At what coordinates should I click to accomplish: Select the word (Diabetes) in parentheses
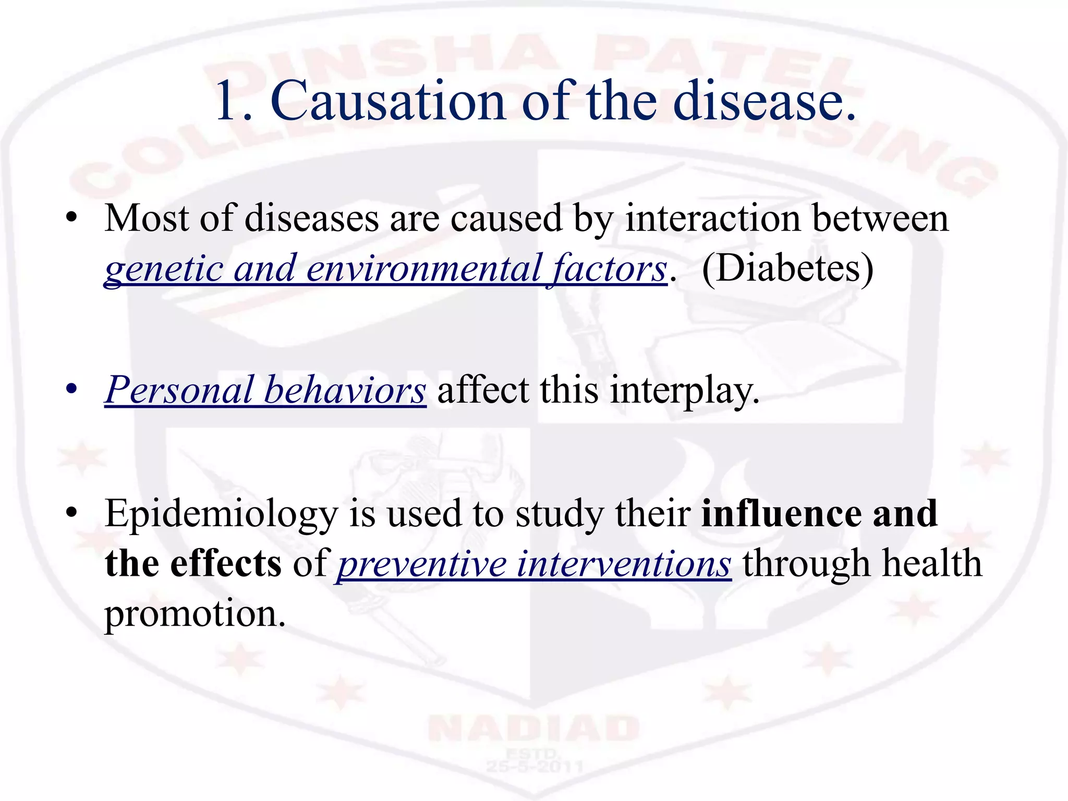point(787,269)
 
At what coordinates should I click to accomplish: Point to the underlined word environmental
point(423,269)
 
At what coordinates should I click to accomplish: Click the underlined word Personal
point(178,391)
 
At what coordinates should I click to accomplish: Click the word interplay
point(684,392)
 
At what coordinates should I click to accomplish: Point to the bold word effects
point(225,564)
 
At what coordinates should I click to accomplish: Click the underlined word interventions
point(624,564)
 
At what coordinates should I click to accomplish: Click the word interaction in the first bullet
point(712,218)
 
